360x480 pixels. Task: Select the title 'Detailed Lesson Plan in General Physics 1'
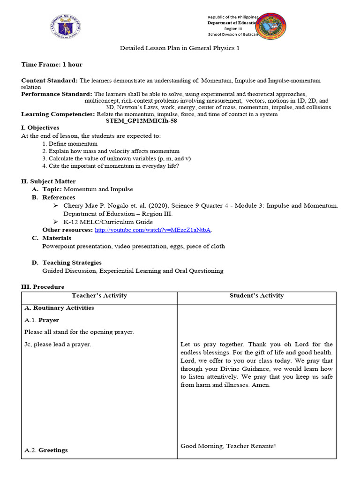click(x=180, y=48)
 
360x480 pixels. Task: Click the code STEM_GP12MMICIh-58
click(x=142, y=120)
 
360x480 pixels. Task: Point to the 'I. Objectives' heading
click(x=40, y=127)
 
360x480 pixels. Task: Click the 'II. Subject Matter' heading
click(x=48, y=181)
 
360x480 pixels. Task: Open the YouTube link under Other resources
click(x=153, y=230)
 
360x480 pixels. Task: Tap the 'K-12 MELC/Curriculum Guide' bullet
click(x=108, y=222)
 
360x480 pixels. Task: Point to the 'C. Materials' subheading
click(x=52, y=238)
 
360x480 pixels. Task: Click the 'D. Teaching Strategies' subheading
click(x=71, y=262)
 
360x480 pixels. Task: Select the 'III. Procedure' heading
click(x=43, y=286)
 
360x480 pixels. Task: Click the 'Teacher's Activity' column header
click(x=99, y=296)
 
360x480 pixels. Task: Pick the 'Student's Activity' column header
click(x=256, y=296)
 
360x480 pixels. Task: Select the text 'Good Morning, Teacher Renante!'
click(x=228, y=446)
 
